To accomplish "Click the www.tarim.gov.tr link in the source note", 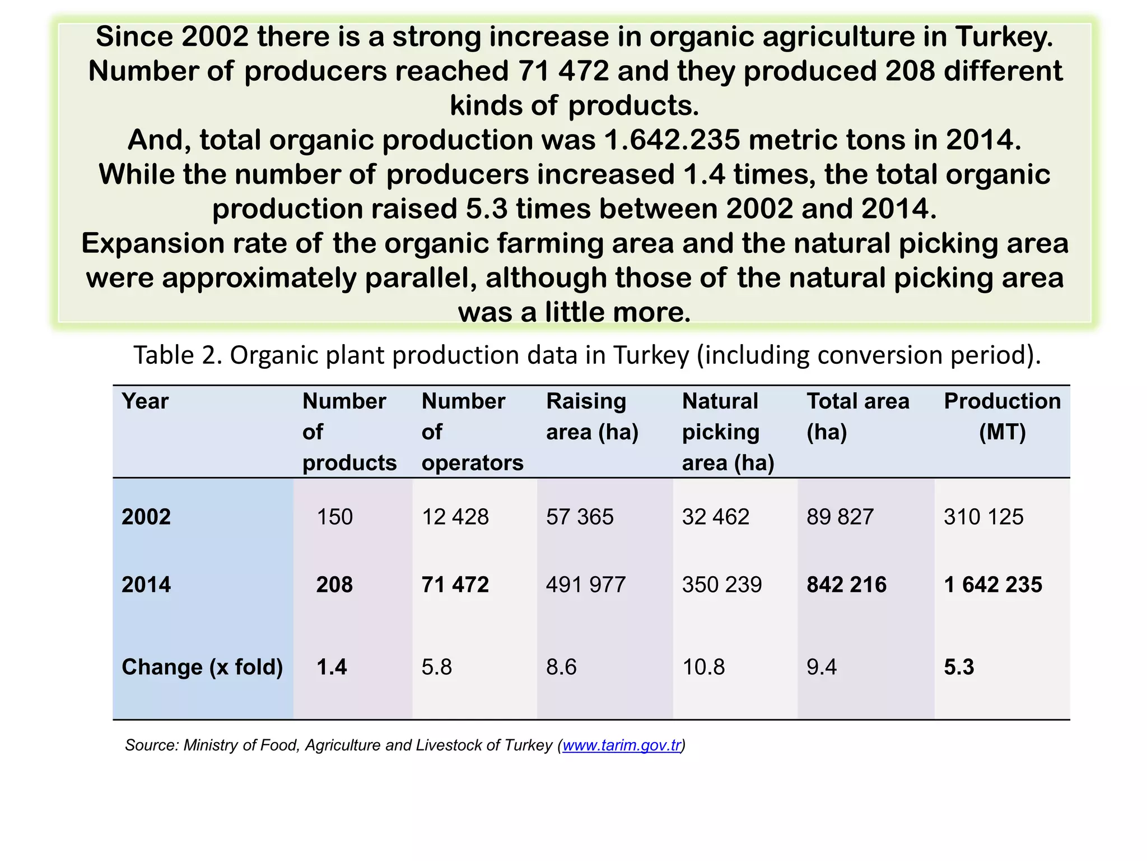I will pyautogui.click(x=622, y=745).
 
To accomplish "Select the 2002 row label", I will pyautogui.click(x=146, y=516).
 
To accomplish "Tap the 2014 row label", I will pyautogui.click(x=146, y=585).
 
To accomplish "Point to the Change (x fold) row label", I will pyautogui.click(x=202, y=667).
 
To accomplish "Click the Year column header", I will pyautogui.click(x=145, y=401).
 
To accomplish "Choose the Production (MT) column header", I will pyautogui.click(x=1002, y=416).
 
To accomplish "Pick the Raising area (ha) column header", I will pyautogui.click(x=592, y=416).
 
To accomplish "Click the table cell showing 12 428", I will pyautogui.click(x=455, y=516).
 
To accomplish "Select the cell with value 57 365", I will pyautogui.click(x=580, y=516).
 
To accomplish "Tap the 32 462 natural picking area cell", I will pyautogui.click(x=715, y=516).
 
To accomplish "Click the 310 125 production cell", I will pyautogui.click(x=983, y=516).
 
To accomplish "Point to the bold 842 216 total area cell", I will pyautogui.click(x=846, y=585).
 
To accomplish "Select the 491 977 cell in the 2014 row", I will pyautogui.click(x=586, y=585).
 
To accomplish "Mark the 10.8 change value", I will pyautogui.click(x=703, y=667).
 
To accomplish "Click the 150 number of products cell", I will pyautogui.click(x=335, y=516).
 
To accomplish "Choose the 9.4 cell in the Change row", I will pyautogui.click(x=822, y=667).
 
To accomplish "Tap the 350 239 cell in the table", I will pyautogui.click(x=722, y=585).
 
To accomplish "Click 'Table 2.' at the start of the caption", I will pyautogui.click(x=178, y=355).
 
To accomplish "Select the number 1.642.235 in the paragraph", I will pyautogui.click(x=672, y=140).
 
